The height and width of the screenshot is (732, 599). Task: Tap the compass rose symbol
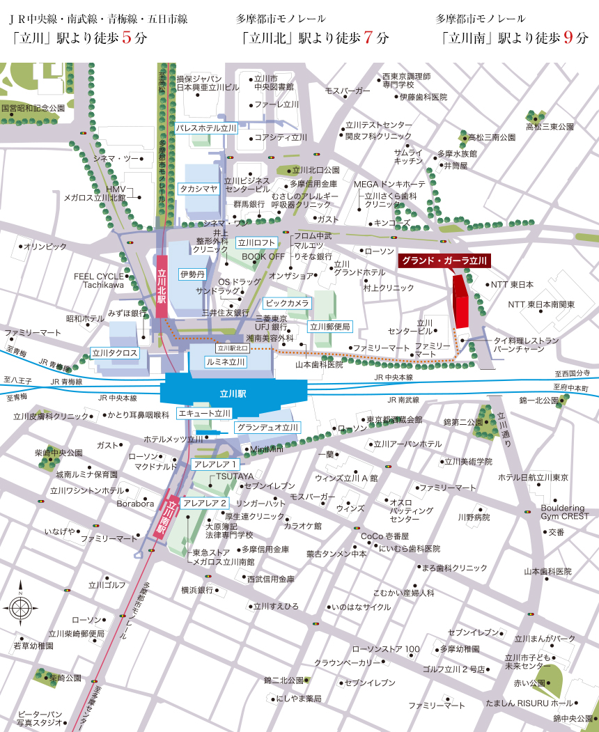tap(21, 607)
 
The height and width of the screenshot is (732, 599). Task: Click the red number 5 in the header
tap(127, 38)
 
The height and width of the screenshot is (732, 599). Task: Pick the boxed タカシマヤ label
tap(199, 188)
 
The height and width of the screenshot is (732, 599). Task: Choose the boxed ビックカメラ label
tap(287, 303)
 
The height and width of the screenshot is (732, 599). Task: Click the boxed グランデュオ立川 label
tap(267, 427)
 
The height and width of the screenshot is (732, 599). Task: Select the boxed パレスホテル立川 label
tap(206, 128)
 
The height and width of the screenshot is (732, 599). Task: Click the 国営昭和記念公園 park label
tap(33, 109)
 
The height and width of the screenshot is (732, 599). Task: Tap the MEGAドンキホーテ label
tap(389, 184)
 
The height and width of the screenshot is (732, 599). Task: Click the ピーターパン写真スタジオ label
tap(40, 719)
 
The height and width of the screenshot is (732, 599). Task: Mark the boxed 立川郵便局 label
tap(330, 326)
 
